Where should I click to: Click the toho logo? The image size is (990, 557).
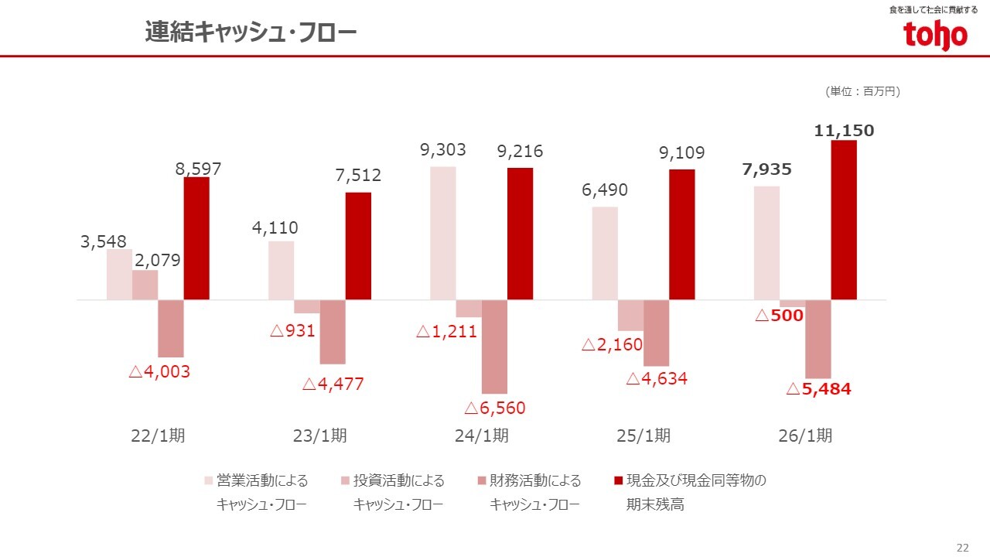[x=935, y=36]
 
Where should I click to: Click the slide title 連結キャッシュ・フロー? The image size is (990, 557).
[x=251, y=32]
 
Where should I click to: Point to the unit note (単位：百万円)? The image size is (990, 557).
[x=863, y=91]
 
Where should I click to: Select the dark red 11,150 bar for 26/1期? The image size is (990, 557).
[x=844, y=220]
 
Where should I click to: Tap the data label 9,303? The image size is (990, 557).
[x=443, y=150]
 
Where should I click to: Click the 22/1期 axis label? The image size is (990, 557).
[x=158, y=436]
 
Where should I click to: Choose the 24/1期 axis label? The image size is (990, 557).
[x=482, y=436]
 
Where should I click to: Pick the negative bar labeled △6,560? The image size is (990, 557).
[x=494, y=347]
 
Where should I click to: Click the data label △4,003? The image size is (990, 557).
[x=159, y=371]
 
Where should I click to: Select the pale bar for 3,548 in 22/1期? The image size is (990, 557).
[x=119, y=274]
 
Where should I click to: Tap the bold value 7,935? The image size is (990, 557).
[x=766, y=169]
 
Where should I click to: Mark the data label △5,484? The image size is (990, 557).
[x=819, y=389]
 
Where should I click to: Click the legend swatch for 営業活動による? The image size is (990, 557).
[x=208, y=481]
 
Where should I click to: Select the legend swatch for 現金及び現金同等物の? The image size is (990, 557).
[x=618, y=481]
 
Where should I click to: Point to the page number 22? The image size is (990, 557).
[x=962, y=548]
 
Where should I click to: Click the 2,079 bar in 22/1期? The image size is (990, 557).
[x=145, y=285]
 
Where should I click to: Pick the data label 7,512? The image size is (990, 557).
[x=358, y=176]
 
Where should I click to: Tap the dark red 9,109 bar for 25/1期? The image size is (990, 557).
[x=682, y=234]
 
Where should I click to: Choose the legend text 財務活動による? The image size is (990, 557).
[x=535, y=481]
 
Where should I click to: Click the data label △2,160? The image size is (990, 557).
[x=612, y=345]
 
